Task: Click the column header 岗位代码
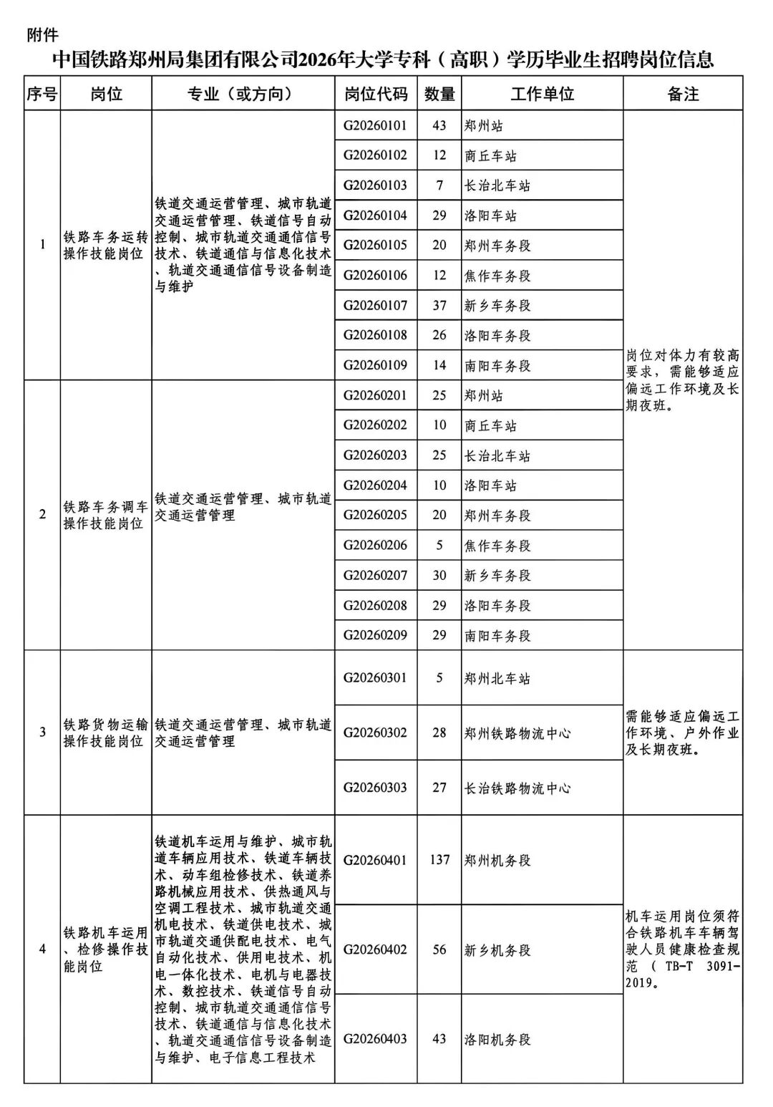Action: pos(376,94)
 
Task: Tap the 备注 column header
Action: pos(682,94)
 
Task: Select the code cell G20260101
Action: pos(376,125)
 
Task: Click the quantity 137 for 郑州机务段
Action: pos(439,859)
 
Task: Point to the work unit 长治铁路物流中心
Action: pos(517,788)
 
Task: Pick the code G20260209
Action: pos(376,635)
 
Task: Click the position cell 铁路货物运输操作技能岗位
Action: pos(105,733)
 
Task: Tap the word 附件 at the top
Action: pos(42,34)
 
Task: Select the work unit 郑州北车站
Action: pos(497,678)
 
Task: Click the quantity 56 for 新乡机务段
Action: pos(439,949)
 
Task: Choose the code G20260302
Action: pos(376,733)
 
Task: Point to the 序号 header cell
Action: pos(42,94)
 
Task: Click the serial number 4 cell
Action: pos(42,949)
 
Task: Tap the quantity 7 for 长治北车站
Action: pos(439,185)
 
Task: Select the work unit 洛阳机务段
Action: pos(497,1039)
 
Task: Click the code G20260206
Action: pos(376,545)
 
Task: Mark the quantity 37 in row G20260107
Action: pos(439,306)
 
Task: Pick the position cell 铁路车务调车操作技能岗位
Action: pos(105,515)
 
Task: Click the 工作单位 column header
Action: pos(542,94)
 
